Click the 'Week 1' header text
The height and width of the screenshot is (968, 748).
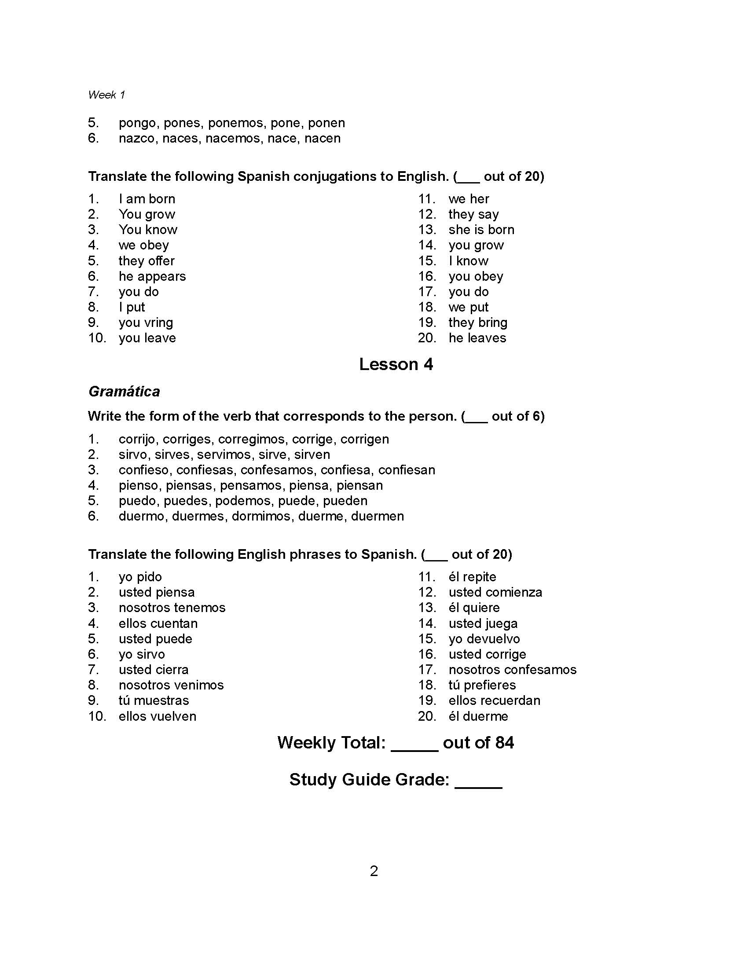[x=106, y=95]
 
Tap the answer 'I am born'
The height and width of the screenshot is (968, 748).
[x=147, y=198]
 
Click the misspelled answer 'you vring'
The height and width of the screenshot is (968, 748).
[x=146, y=322]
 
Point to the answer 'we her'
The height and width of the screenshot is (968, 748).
[x=469, y=198]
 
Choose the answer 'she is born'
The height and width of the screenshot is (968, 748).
[x=481, y=230]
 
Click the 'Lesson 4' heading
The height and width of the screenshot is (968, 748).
[x=396, y=364]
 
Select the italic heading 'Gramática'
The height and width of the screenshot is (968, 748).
[x=124, y=391]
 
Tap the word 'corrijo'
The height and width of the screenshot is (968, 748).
[x=137, y=439]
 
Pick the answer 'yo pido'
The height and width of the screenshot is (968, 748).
[x=140, y=577]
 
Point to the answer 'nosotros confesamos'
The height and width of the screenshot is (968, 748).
[x=512, y=669]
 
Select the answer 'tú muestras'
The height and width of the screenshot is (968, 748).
[x=154, y=700]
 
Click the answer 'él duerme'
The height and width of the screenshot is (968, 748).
[x=478, y=716]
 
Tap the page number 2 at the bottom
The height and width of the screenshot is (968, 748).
[x=374, y=871]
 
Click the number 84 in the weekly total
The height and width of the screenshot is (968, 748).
[x=504, y=742]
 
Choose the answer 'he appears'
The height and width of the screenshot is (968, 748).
[x=152, y=276]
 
